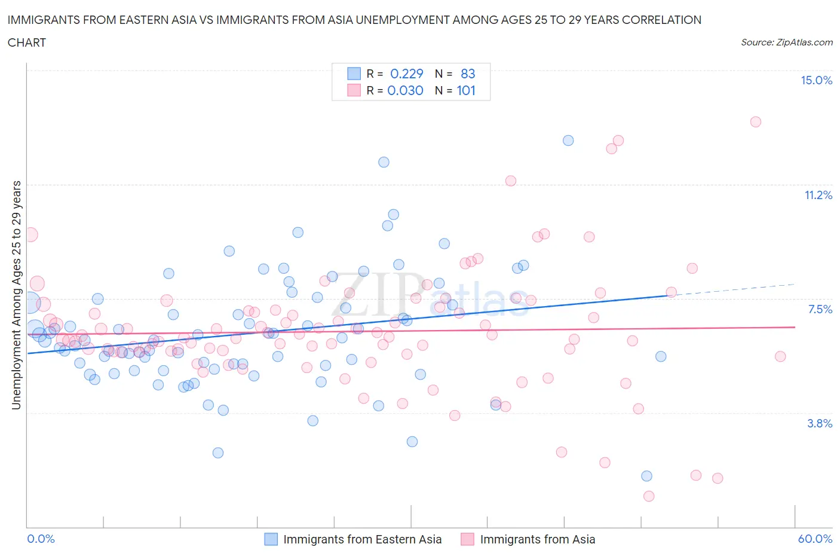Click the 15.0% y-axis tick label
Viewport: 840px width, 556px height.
816,81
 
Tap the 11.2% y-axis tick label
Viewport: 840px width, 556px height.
818,195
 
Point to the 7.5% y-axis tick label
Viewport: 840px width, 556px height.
820,309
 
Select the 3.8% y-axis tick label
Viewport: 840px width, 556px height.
820,423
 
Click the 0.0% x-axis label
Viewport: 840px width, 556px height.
41,539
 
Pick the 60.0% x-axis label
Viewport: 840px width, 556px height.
815,539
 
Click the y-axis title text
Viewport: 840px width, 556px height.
16,295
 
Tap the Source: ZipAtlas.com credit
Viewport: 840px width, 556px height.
786,42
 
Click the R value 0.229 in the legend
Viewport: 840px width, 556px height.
406,74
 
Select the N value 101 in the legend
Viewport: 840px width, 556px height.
466,90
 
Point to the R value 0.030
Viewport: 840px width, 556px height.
405,90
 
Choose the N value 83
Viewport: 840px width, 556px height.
468,74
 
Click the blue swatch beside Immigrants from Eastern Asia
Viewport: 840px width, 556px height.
271,539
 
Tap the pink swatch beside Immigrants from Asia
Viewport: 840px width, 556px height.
467,539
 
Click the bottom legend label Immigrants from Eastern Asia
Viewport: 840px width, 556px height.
362,539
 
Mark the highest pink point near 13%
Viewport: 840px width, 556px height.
755,122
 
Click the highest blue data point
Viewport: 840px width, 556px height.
568,140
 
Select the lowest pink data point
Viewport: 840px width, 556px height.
649,496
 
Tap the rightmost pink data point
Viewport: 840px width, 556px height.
780,356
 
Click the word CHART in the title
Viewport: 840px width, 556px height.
27,42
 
